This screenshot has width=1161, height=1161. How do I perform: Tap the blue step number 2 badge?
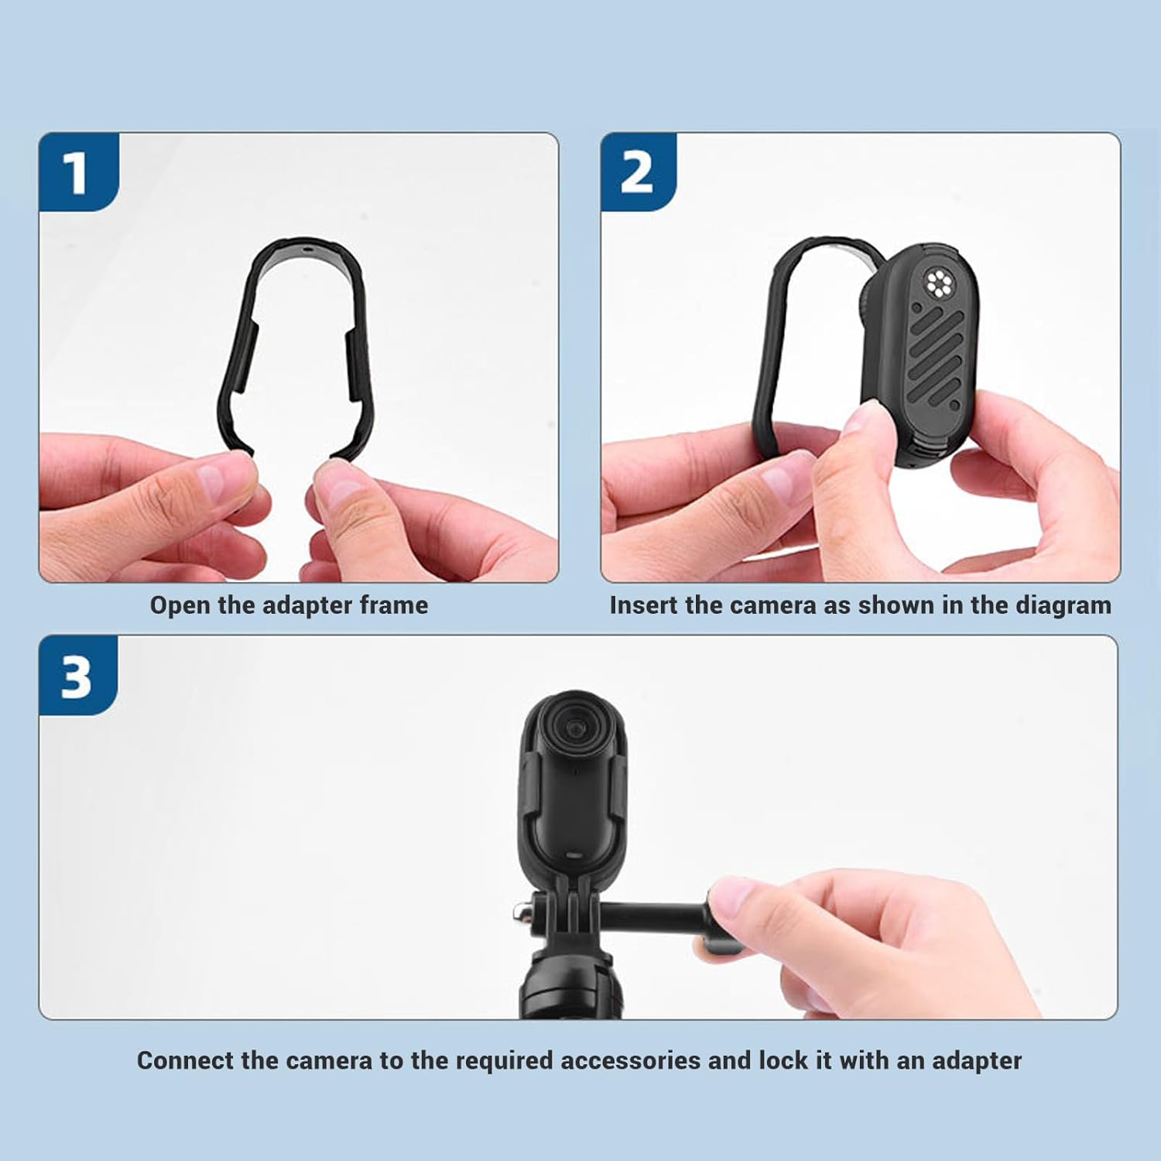636,172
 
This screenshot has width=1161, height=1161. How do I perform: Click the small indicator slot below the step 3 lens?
574,856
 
